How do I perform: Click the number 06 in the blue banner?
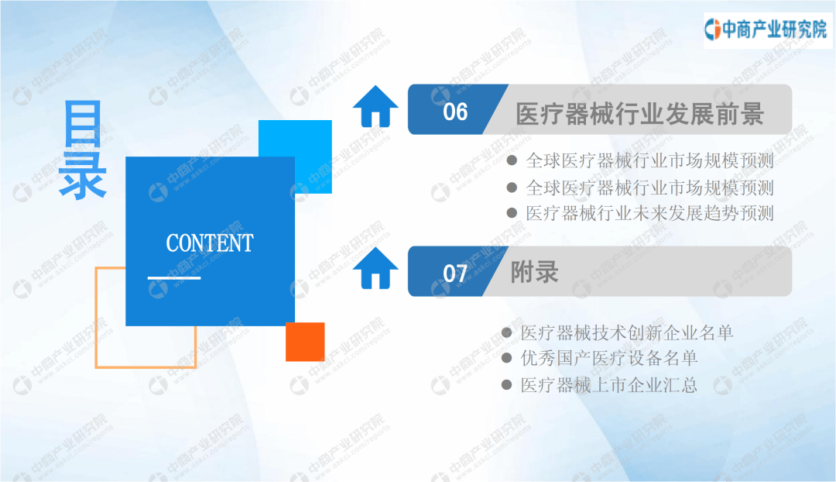[455, 112]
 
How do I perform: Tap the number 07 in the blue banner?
[455, 274]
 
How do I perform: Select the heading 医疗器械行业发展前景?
[639, 114]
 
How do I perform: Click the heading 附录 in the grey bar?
[534, 272]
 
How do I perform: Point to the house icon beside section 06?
[375, 106]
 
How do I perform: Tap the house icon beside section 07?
[375, 268]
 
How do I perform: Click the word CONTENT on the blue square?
[210, 243]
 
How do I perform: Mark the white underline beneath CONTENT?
[174, 277]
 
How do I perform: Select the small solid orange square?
[305, 342]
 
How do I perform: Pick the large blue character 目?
[83, 124]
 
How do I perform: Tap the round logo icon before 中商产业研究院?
[712, 29]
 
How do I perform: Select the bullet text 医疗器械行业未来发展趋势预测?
[649, 214]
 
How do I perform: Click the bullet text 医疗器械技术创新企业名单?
[627, 333]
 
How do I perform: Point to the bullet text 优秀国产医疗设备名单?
[609, 358]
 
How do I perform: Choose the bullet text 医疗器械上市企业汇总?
[609, 385]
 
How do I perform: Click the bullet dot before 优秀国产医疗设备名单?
[507, 358]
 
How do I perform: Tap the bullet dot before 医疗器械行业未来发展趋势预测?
[512, 214]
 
